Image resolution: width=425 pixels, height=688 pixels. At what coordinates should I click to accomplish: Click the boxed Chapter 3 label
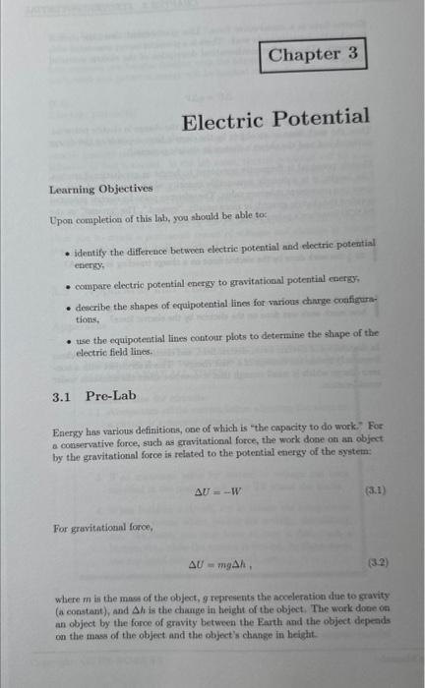coord(315,55)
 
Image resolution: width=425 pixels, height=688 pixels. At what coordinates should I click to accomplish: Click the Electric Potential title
coord(275,119)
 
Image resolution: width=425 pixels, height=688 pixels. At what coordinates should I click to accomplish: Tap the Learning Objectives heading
coord(101,188)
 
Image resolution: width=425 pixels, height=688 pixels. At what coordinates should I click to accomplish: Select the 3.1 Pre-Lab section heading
coord(95,396)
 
